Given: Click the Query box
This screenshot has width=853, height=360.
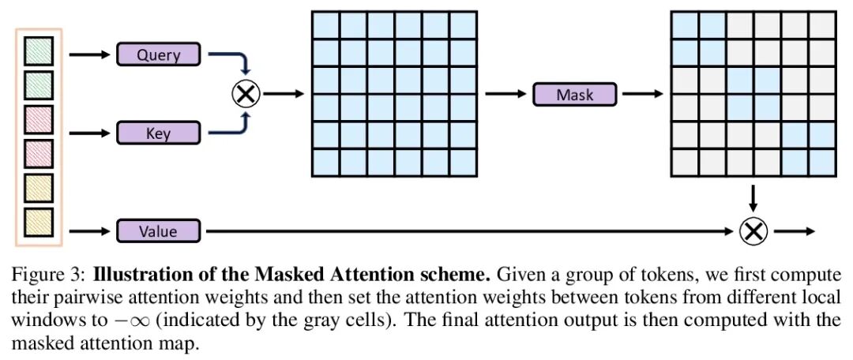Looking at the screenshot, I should [159, 54].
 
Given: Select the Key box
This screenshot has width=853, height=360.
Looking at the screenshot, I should [159, 133].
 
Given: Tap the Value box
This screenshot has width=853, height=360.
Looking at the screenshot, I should [159, 231].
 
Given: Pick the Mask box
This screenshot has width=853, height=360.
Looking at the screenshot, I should [574, 94].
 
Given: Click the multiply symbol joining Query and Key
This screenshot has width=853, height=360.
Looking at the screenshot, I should [246, 94].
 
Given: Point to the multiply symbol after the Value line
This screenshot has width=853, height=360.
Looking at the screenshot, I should [753, 231].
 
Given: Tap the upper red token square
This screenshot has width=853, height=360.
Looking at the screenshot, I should [39, 119].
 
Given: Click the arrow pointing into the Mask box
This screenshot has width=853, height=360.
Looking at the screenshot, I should [505, 94].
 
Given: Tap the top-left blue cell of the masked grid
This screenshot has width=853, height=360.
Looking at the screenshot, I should [685, 25].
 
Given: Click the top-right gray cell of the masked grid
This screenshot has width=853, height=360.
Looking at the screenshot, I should [821, 25].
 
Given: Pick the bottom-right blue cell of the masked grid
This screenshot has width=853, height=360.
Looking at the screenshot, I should [821, 162].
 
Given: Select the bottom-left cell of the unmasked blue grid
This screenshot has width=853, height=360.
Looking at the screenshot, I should [326, 162].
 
